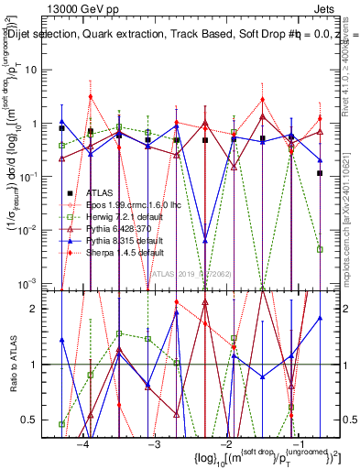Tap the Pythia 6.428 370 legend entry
(112, 228)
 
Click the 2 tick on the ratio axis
(46, 309)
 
